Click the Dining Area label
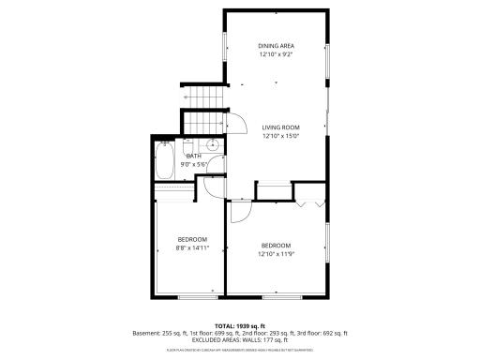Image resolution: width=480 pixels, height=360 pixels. pos(276,45)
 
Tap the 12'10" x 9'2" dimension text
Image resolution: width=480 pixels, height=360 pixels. pos(276,54)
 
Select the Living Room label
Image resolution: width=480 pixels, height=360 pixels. pos(279,127)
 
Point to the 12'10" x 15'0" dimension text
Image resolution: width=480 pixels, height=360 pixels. pos(279,136)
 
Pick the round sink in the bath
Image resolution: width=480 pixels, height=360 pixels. pos(213,144)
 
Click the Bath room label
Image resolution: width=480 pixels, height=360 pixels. pos(193,156)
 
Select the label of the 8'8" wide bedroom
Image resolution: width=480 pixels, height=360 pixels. pos(191,239)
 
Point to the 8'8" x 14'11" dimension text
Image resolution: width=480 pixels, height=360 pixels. pos(191,248)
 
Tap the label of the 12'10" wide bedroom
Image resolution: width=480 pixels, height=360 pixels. pos(276,245)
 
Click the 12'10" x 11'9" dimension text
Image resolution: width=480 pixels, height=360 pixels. pos(276,254)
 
